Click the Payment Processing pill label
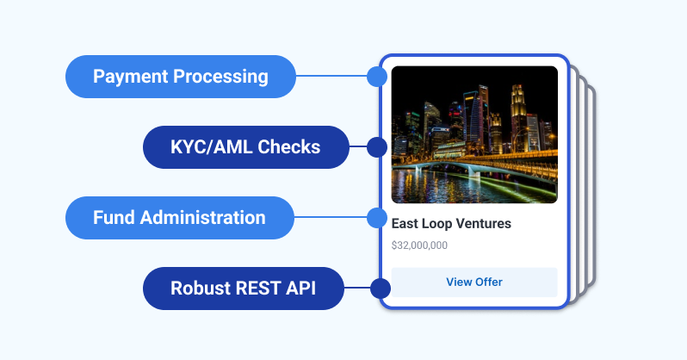(181, 77)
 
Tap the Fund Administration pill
(179, 218)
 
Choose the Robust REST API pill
(243, 289)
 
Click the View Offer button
(474, 282)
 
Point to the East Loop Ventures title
(451, 224)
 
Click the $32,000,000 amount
(419, 245)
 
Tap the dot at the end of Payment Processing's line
(376, 77)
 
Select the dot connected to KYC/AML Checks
(376, 147)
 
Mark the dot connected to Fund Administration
(376, 218)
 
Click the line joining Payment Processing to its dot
(331, 77)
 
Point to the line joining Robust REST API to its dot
(356, 289)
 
